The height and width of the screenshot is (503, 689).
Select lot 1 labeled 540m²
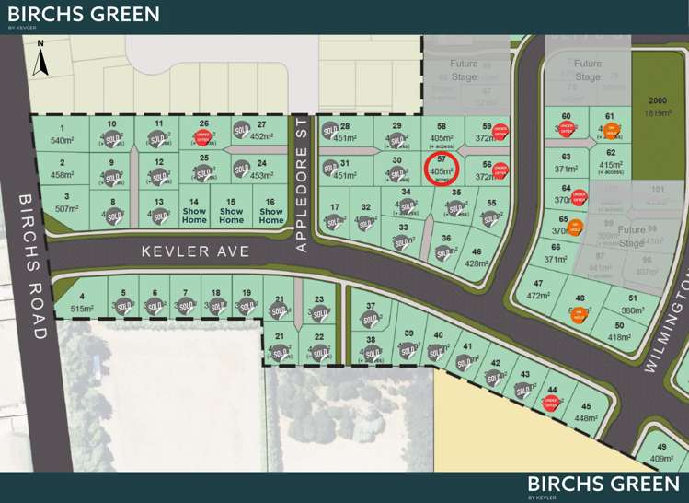pos(62,135)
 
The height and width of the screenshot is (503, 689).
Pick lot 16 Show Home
pos(270,211)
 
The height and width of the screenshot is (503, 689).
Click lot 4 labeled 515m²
pos(82,304)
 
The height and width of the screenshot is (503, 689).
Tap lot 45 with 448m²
pos(585,412)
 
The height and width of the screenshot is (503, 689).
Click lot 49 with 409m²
pos(661,451)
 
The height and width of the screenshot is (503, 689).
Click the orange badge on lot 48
pos(579,313)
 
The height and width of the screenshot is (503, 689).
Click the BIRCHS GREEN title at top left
pos(83,15)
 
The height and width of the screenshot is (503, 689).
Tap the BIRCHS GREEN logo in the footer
pos(603,485)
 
